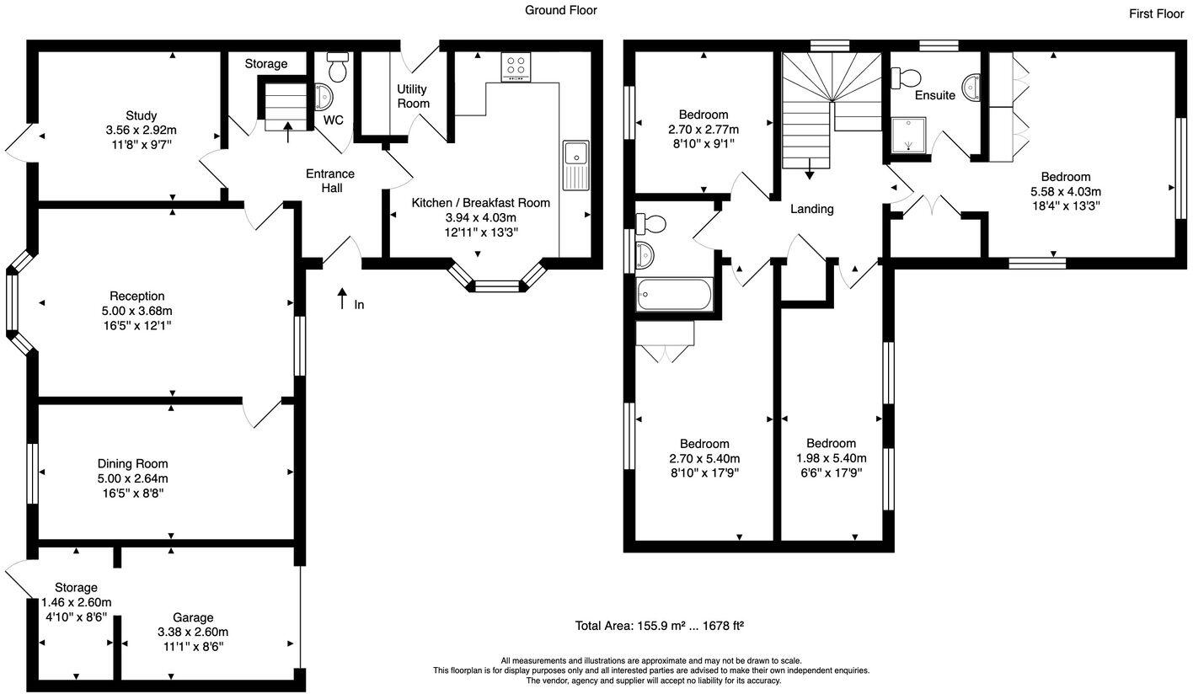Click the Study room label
pyautogui.click(x=142, y=115)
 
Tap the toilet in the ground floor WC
pyautogui.click(x=339, y=67)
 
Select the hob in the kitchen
pyautogui.click(x=516, y=67)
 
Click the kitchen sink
pyautogui.click(x=576, y=156)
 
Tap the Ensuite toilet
pyautogui.click(x=907, y=77)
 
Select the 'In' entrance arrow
pyautogui.click(x=342, y=299)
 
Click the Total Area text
pyautogui.click(x=658, y=626)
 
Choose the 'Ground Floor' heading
pyautogui.click(x=560, y=10)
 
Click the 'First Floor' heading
pyautogui.click(x=1157, y=13)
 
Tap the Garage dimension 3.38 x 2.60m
pyautogui.click(x=193, y=632)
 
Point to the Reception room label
pyautogui.click(x=137, y=296)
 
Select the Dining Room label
pyautogui.click(x=132, y=463)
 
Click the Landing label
pyautogui.click(x=811, y=209)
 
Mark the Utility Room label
pyautogui.click(x=413, y=96)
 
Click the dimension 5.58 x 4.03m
pyautogui.click(x=1065, y=191)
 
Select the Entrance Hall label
pyautogui.click(x=330, y=180)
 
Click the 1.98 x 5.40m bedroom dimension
pyautogui.click(x=831, y=458)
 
